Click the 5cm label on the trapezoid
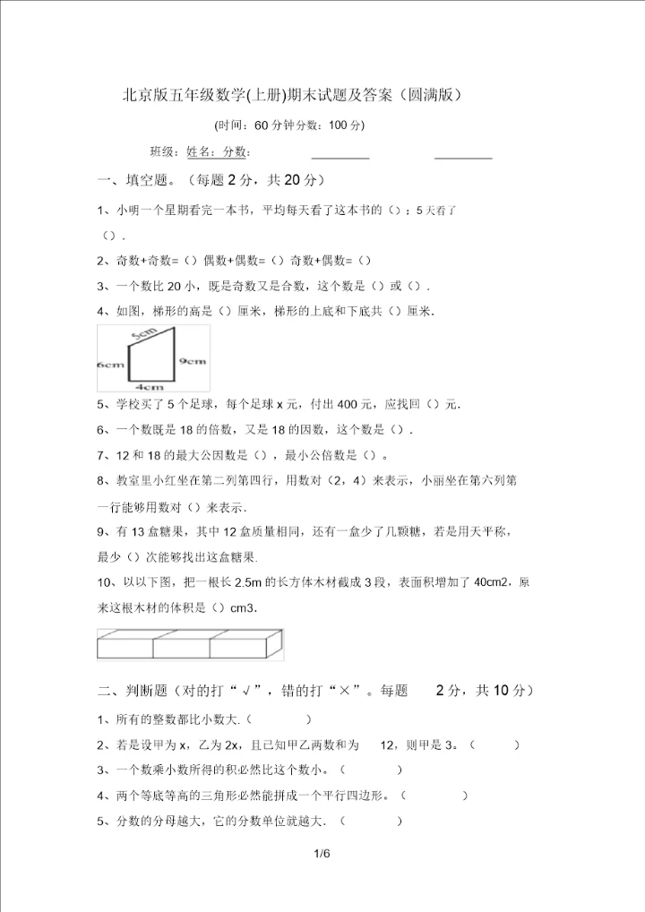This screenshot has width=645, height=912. point(143,333)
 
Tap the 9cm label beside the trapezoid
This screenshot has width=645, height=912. point(193,360)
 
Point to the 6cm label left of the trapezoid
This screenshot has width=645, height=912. point(110,366)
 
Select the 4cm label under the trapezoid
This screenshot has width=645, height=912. point(149,387)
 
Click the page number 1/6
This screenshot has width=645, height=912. point(322,854)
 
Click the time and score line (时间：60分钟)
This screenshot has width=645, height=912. point(290,125)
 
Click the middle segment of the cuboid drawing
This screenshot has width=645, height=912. point(183,647)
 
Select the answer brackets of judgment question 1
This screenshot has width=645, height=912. point(278,718)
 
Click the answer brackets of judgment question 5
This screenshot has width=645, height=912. point(372,821)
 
